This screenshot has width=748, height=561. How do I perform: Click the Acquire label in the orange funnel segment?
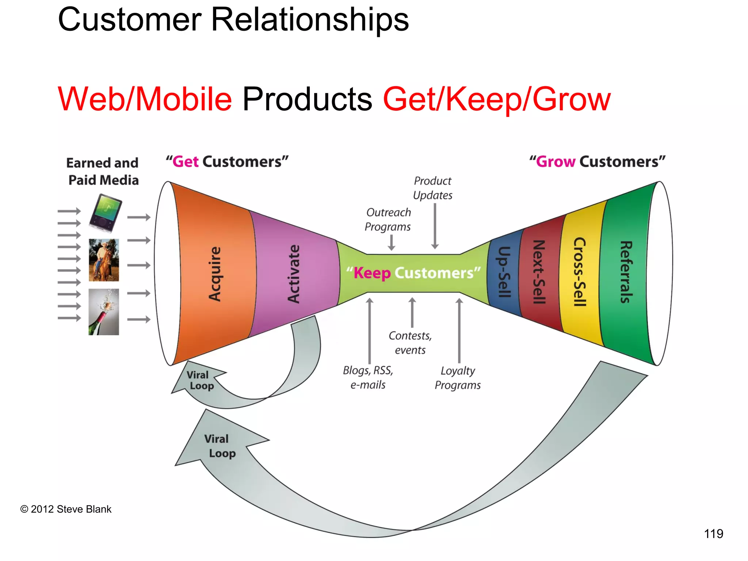tap(215, 274)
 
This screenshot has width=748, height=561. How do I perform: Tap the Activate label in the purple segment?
tap(294, 274)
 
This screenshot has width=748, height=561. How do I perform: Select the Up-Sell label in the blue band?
tap(504, 272)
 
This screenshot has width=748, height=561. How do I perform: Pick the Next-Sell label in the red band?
tap(539, 272)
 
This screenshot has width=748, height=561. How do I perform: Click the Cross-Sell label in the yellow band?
tap(580, 272)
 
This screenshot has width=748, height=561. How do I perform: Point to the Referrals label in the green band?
tap(626, 272)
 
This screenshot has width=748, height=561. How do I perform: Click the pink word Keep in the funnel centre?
tap(372, 273)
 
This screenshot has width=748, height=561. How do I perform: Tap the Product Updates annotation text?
tap(433, 188)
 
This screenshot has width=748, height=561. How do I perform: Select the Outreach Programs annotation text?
tap(388, 220)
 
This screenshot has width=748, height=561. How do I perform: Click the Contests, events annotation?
tap(410, 343)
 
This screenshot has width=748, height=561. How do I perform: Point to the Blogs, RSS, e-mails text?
tap(368, 377)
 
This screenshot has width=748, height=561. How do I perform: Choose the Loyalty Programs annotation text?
tap(458, 378)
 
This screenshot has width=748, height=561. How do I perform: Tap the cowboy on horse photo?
tap(104, 260)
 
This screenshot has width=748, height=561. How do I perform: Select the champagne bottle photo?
tap(104, 312)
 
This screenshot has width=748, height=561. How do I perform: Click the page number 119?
tap(713, 534)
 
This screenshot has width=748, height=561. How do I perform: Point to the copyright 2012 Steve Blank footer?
tap(66, 509)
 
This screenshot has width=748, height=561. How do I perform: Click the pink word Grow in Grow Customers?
tap(556, 162)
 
